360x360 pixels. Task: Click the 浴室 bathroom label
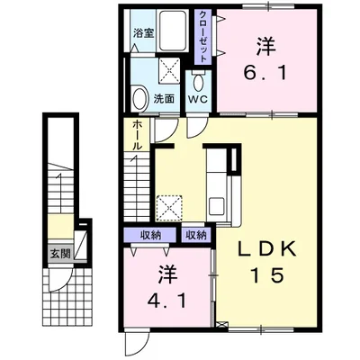144,33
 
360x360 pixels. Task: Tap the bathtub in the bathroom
172,31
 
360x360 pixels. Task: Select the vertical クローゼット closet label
203,37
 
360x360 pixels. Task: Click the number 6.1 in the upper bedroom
265,73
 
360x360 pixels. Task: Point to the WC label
197,99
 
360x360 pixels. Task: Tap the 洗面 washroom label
164,99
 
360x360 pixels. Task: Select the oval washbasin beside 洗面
139,97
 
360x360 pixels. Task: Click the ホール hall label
137,135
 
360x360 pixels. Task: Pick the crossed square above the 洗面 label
169,70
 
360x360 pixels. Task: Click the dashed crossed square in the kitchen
169,208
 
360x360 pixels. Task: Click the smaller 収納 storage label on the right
196,235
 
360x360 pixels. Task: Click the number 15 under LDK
267,274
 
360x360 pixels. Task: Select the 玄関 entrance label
60,254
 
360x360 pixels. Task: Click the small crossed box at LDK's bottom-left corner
221,325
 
